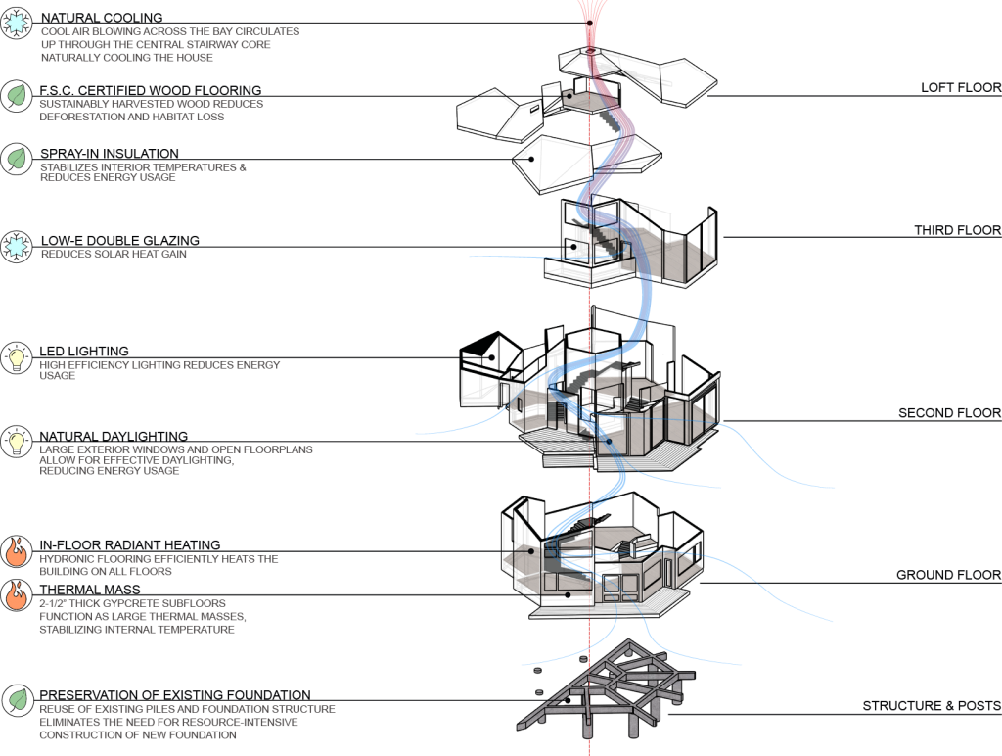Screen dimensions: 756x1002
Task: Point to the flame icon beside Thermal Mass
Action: (x=17, y=595)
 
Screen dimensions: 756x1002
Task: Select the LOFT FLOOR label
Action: (x=960, y=88)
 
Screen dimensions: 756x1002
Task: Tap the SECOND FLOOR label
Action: (x=949, y=414)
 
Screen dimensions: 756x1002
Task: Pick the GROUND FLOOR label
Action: (x=948, y=575)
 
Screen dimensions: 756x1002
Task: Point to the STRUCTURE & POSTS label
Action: (x=931, y=707)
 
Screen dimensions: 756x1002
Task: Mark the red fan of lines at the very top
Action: (x=590, y=15)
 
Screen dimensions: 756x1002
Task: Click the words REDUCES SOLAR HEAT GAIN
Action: (x=114, y=255)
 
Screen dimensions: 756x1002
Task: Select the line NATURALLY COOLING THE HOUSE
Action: (x=127, y=58)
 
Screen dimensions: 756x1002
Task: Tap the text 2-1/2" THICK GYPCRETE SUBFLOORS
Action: (x=133, y=603)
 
